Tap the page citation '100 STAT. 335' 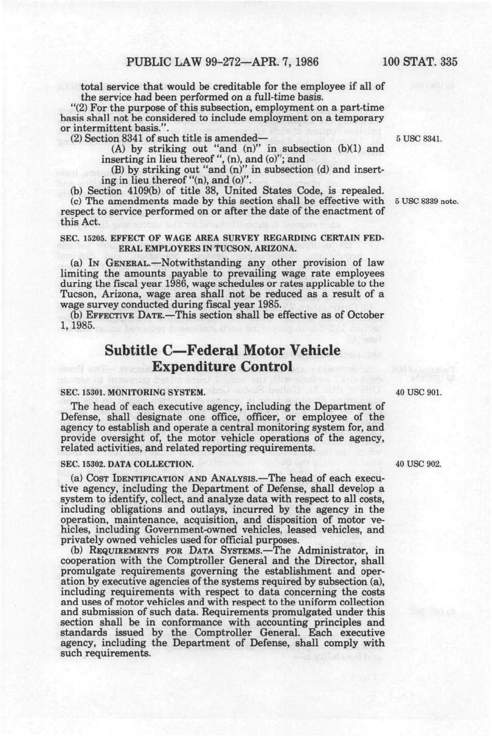coord(419,62)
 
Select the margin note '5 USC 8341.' coord(419,139)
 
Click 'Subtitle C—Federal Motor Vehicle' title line coord(223,351)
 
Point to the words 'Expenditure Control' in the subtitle coord(223,367)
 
